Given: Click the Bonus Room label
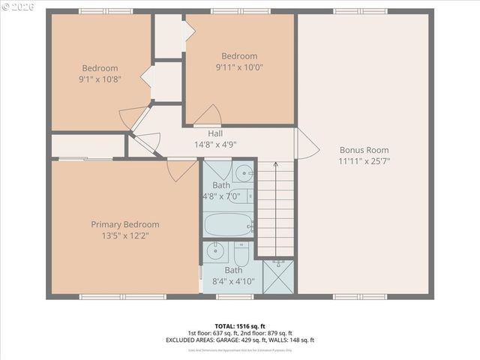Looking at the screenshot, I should [364, 149].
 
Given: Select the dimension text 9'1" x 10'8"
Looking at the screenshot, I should [100, 78].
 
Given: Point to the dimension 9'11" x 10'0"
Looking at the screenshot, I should [239, 67].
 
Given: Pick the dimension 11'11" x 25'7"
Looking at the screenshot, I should [364, 160].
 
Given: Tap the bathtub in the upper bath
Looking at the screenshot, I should [229, 224].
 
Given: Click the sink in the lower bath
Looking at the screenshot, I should [214, 251].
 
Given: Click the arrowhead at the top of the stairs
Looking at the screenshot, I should [274, 163].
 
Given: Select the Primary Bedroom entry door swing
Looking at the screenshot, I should [181, 170].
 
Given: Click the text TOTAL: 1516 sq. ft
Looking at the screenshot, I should [239, 325].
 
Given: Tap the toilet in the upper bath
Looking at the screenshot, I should [243, 196].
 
